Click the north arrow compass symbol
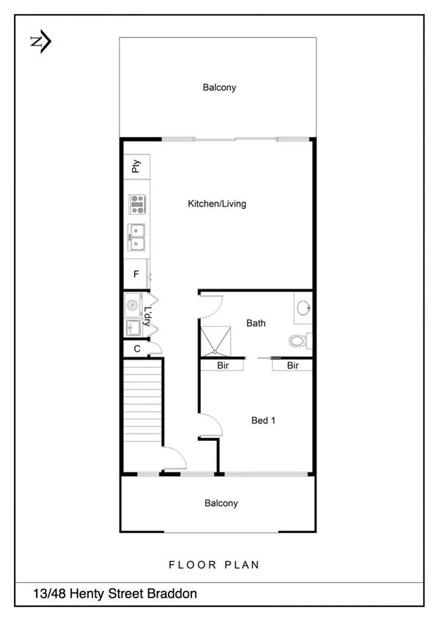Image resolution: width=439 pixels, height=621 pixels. [40, 42]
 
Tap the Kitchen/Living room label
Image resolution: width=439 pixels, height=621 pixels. [217, 204]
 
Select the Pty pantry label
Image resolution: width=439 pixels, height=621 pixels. [136, 167]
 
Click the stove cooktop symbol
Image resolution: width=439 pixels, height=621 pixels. [136, 203]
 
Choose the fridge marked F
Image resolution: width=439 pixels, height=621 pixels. [136, 275]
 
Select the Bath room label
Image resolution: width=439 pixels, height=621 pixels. [256, 323]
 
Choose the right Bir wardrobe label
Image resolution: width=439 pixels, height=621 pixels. [293, 365]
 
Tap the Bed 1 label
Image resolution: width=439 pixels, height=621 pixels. [263, 421]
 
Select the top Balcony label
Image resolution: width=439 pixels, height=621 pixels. [219, 88]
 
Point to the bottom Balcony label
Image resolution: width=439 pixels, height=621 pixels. [221, 504]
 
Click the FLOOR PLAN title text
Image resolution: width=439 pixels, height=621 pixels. [214, 565]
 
